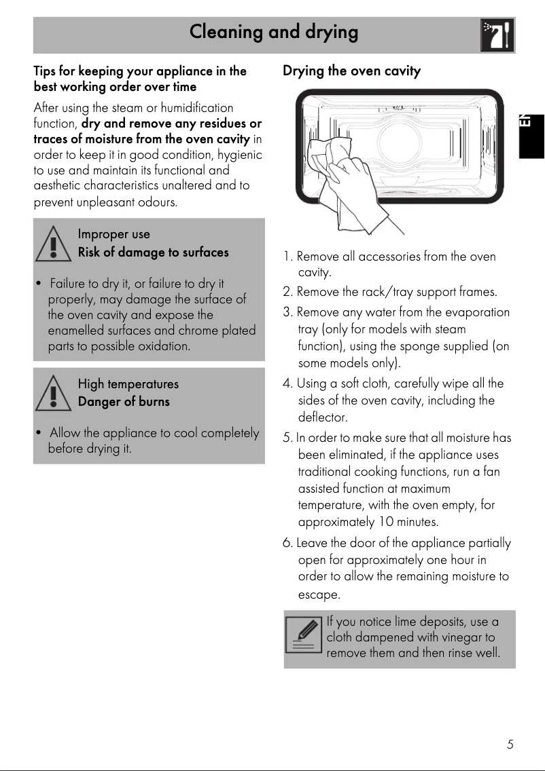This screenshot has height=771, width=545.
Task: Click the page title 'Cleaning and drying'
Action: (273, 32)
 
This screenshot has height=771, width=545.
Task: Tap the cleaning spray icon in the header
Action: (497, 35)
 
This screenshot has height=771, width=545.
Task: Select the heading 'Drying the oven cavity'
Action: (351, 71)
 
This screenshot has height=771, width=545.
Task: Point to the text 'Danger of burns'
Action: (124, 402)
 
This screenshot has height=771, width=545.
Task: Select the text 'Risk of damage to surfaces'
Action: (153, 252)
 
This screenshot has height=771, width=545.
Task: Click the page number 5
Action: (510, 745)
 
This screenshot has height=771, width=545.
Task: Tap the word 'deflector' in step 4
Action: (323, 417)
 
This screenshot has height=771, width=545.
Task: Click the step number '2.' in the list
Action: (288, 293)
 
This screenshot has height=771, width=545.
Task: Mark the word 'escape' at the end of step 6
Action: (319, 595)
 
